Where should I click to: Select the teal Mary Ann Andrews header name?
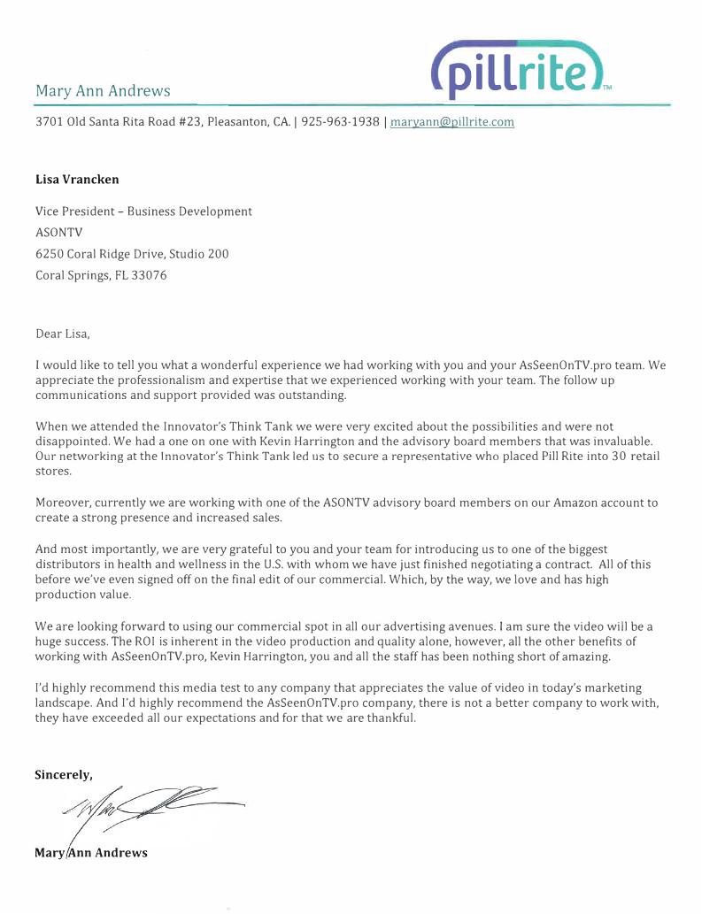(x=103, y=91)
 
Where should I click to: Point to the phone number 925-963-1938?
(x=340, y=122)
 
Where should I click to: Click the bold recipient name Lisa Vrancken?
(x=77, y=179)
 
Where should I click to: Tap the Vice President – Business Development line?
(x=143, y=211)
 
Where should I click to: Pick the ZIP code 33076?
(x=150, y=275)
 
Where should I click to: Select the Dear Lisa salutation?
(x=63, y=334)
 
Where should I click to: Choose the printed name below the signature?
(x=91, y=853)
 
